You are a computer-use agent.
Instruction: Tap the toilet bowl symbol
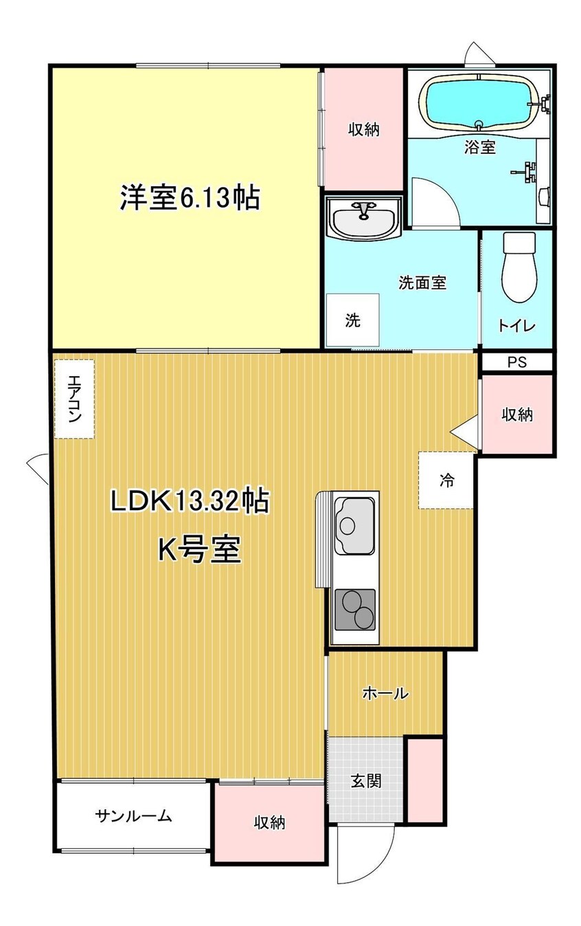pos(519,267)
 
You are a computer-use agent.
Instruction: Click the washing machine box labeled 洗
pos(352,320)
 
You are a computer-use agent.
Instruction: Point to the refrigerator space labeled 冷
pos(446,480)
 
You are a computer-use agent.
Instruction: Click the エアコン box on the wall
pos(75,399)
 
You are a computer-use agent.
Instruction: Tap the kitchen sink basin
pos(354,526)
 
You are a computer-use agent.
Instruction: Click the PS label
pos(517,362)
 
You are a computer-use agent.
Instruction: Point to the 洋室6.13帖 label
pos(190,199)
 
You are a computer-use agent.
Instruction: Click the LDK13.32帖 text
pos(190,501)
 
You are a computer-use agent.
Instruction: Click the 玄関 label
pos(366,781)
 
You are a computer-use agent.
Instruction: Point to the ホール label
pos(385,693)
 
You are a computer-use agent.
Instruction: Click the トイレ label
pos(516,326)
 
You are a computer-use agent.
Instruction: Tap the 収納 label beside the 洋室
pos(364,130)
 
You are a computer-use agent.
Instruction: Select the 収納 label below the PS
pos(517,415)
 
